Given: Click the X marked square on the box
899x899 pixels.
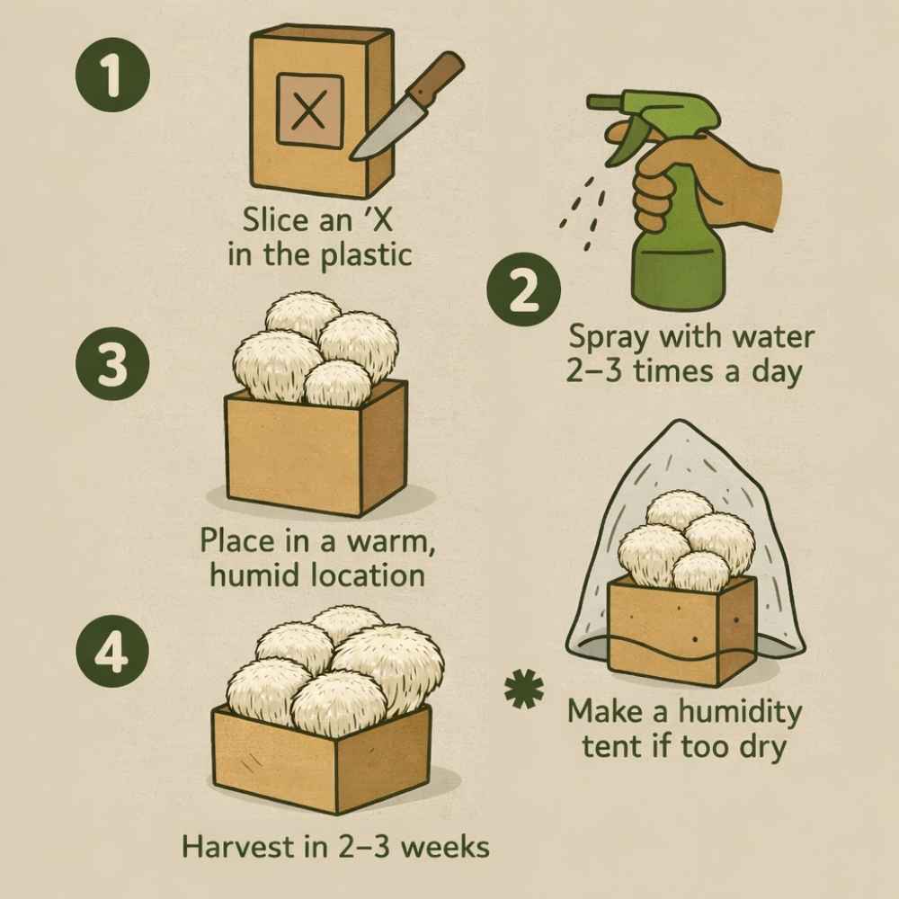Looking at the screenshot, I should coord(308,111).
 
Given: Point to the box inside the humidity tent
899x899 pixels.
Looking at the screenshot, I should coord(681,628).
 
